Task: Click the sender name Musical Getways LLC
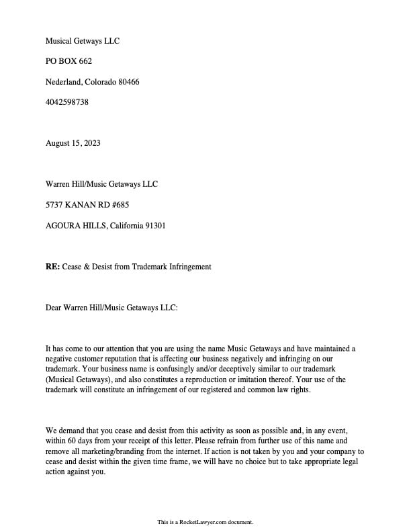tap(82, 41)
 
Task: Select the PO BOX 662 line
tap(68, 61)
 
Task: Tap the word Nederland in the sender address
tap(63, 82)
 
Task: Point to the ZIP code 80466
tap(128, 82)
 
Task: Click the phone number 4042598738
tap(67, 102)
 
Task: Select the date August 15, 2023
tap(73, 143)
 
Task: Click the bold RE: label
tap(53, 267)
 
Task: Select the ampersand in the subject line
tap(87, 267)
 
